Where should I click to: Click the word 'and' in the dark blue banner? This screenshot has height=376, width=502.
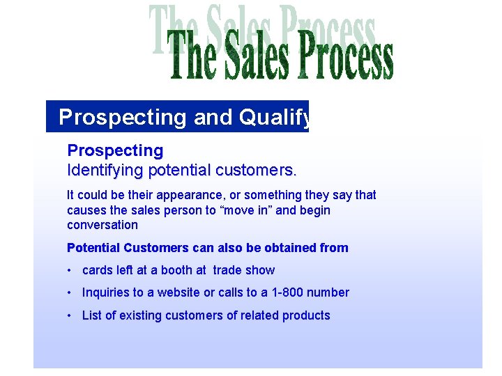tap(212, 117)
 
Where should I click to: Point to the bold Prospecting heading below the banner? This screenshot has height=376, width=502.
tap(115, 150)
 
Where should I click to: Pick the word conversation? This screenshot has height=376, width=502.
tap(102, 225)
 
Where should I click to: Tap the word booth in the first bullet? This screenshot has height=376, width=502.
tap(178, 270)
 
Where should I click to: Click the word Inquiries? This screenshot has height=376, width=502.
tap(107, 292)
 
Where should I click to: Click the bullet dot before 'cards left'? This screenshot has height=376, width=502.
tap(70, 270)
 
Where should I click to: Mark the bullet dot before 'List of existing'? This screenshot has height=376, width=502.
tap(70, 315)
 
